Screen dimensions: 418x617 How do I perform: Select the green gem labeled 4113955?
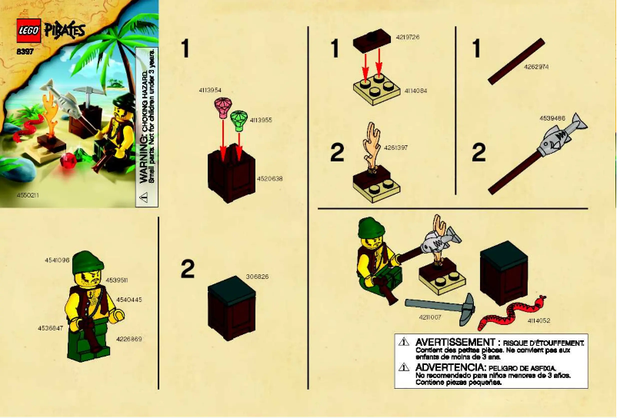238,118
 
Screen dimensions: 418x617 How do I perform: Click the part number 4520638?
270,178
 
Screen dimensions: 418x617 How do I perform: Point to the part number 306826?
258,277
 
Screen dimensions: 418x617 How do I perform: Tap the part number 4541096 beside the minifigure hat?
58,260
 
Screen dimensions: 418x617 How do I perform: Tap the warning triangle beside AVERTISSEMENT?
403,342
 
